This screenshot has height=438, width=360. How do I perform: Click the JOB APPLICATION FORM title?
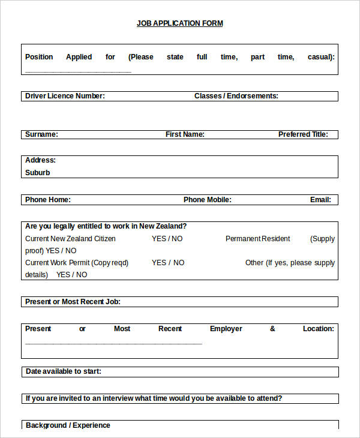(x=179, y=23)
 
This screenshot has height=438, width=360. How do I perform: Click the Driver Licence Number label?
(x=65, y=96)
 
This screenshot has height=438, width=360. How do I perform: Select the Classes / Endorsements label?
(x=236, y=96)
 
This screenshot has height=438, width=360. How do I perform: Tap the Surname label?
(x=41, y=134)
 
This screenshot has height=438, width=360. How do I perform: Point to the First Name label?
(x=185, y=134)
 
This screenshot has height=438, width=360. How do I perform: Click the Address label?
(x=40, y=160)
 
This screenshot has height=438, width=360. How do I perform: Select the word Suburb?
(x=38, y=173)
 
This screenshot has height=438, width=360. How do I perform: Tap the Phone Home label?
(x=47, y=200)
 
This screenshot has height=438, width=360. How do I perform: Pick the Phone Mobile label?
(x=207, y=200)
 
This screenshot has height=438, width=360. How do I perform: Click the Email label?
(x=320, y=200)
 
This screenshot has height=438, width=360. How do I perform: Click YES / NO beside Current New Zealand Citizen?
(x=167, y=239)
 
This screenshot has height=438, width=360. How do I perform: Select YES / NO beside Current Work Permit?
(x=168, y=263)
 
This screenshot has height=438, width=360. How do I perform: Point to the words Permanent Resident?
(x=257, y=239)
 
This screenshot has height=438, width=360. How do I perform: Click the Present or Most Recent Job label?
(x=73, y=302)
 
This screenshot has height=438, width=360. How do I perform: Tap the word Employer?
(x=226, y=329)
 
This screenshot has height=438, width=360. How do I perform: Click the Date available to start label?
(x=63, y=371)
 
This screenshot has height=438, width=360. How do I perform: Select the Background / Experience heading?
(x=68, y=425)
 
